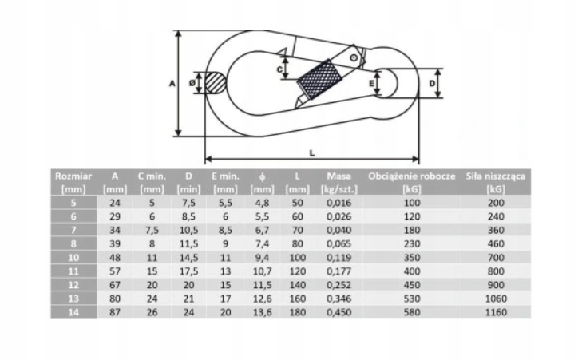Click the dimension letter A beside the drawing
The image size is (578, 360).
click(x=172, y=84)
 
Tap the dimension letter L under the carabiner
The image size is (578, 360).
click(x=312, y=152)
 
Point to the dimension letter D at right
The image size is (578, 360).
click(x=432, y=84)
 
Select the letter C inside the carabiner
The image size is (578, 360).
click(x=279, y=69)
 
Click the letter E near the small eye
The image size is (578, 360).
click(x=371, y=84)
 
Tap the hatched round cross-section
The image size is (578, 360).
click(x=215, y=83)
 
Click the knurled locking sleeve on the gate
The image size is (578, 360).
click(x=319, y=79)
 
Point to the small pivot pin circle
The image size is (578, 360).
click(x=354, y=57)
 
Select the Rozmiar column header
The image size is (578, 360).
click(x=73, y=183)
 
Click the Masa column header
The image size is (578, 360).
click(x=339, y=183)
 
